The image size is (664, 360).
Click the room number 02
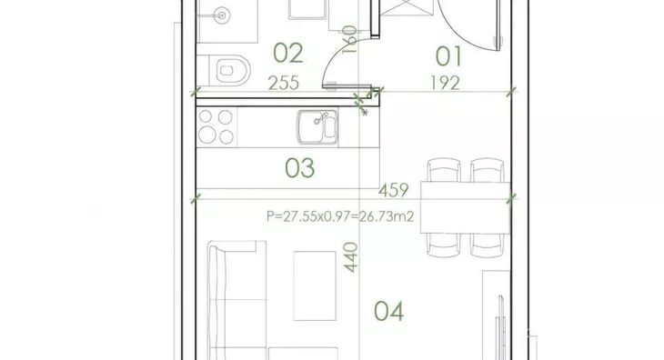(x=288, y=53)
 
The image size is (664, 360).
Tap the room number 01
(x=448, y=56)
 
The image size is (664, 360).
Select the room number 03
(x=300, y=168)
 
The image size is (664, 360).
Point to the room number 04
(x=388, y=311)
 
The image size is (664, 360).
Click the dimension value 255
(x=283, y=83)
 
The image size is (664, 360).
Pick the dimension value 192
(x=445, y=83)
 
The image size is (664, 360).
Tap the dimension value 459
(x=394, y=190)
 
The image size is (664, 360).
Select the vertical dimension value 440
(x=350, y=257)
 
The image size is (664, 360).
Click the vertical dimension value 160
(x=349, y=39)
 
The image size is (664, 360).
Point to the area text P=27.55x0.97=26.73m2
(x=340, y=216)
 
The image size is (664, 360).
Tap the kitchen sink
(x=317, y=127)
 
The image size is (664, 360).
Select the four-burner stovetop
(x=216, y=126)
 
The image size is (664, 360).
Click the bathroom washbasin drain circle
(x=221, y=16)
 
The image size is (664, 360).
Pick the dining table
(x=465, y=207)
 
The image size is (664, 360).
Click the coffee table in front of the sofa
(x=315, y=286)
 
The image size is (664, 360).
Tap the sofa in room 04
(x=237, y=301)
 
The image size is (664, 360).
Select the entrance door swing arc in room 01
(x=461, y=34)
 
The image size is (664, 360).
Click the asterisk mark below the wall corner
(x=365, y=113)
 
